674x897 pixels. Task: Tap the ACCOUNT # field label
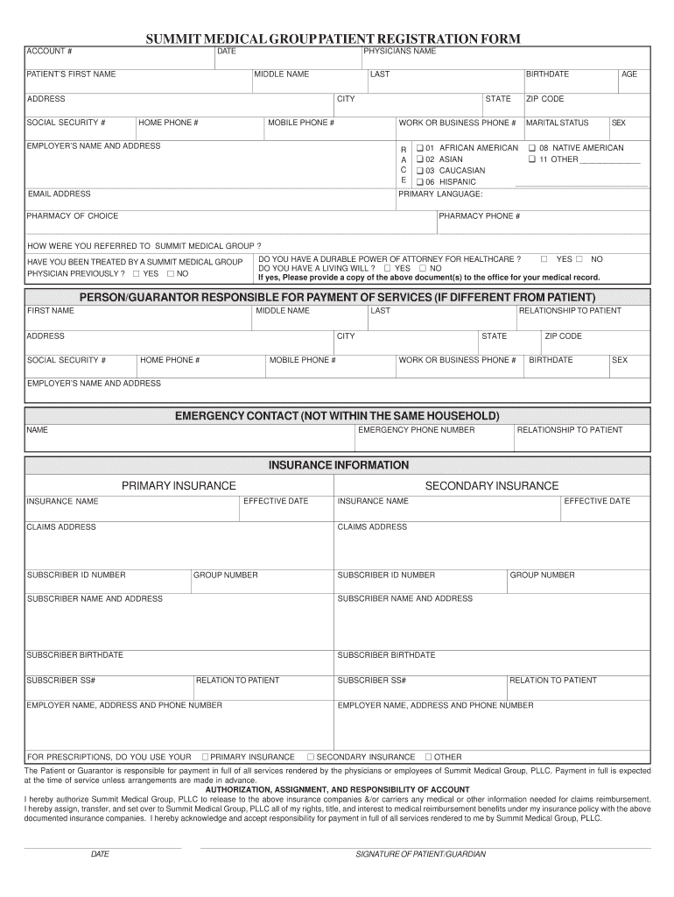49,52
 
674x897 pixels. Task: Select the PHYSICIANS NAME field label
400,52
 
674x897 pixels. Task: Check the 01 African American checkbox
420,148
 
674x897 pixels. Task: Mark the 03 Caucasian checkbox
420,171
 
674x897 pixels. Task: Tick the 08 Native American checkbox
531,148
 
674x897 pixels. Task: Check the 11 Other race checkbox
531,159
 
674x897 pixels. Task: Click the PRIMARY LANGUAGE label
440,194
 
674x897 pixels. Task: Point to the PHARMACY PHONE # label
480,216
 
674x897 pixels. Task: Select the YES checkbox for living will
387,269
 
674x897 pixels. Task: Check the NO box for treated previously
171,274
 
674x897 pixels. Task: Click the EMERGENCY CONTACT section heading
337,415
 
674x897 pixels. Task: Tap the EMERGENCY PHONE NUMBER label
416,430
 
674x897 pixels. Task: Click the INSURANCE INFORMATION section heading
338,465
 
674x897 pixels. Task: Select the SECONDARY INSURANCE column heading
491,485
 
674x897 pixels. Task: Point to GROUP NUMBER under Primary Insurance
226,576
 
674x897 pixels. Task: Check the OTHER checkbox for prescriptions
429,757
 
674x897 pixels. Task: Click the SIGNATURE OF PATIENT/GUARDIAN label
420,854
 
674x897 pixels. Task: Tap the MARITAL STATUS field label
557,124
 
